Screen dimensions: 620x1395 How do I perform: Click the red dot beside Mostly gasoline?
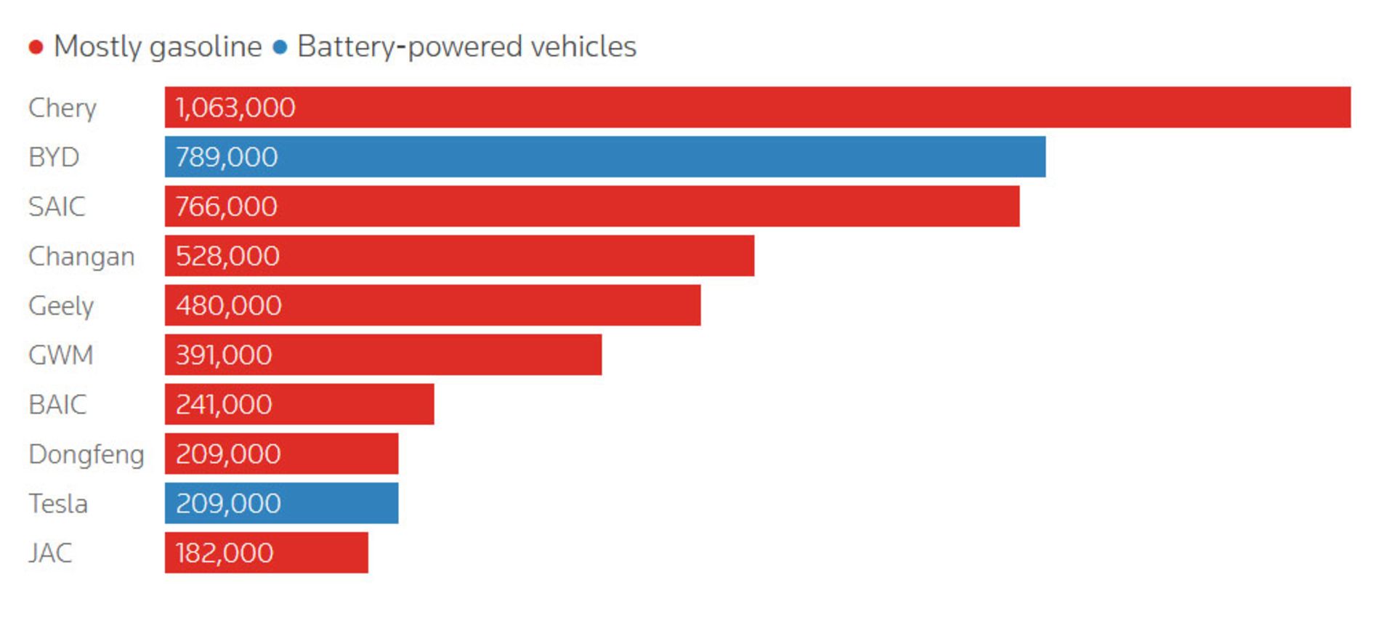click(36, 48)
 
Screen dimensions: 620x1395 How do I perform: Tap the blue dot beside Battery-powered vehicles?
click(280, 48)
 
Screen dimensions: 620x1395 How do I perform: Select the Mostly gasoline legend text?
click(158, 47)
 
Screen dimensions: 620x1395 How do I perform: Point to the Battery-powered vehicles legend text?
click(466, 47)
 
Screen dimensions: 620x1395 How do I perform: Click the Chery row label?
click(62, 108)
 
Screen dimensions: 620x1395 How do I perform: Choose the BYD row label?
click(54, 157)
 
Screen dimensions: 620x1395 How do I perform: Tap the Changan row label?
click(81, 256)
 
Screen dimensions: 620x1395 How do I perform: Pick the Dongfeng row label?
click(86, 454)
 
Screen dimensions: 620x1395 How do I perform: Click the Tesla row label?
click(58, 503)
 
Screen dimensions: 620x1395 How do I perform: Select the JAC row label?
click(50, 552)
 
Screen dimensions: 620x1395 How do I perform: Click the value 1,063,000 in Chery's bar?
click(235, 108)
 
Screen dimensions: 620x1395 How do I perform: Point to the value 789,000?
click(227, 157)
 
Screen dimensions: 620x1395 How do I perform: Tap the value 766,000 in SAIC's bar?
click(227, 206)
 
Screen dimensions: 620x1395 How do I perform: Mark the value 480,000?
click(228, 305)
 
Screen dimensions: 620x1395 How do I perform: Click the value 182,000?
click(225, 552)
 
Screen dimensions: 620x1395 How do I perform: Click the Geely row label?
click(61, 306)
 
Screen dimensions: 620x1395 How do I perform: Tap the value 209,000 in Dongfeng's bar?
click(228, 454)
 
